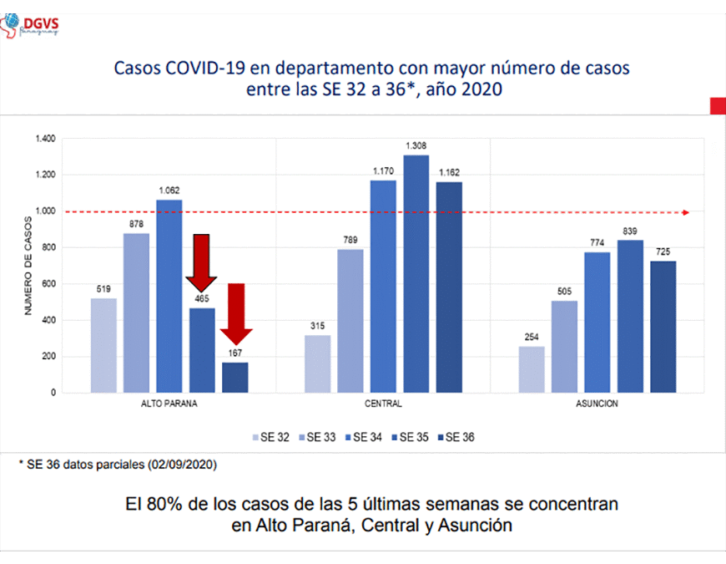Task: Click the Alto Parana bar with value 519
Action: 104,345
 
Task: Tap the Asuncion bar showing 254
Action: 532,369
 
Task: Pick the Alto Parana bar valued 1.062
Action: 169,296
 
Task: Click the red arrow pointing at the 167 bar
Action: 236,313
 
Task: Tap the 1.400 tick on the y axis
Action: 45,139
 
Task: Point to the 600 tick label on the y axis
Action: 49,283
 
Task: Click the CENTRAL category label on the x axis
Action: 383,404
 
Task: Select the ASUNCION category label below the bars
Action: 597,404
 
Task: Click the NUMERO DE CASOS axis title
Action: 28,265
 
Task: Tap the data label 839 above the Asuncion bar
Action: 630,231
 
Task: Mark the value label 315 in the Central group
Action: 318,327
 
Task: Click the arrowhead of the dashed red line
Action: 686,212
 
